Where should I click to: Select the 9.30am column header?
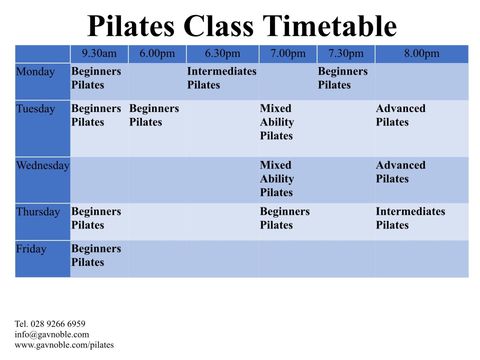(99, 54)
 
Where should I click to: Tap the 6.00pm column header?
(157, 54)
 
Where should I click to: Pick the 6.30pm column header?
(222, 54)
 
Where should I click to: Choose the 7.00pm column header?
(288, 54)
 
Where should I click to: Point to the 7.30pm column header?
(346, 54)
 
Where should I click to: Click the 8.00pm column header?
(421, 54)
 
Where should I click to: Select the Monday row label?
(36, 72)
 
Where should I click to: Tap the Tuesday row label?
(37, 109)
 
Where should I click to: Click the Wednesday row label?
(43, 166)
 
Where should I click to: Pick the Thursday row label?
(39, 212)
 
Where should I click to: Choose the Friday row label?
(33, 249)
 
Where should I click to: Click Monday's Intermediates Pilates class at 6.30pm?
(222, 79)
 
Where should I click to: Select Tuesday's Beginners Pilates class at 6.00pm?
(156, 115)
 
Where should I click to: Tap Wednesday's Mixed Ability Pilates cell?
(282, 179)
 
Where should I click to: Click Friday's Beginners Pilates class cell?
(97, 255)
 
